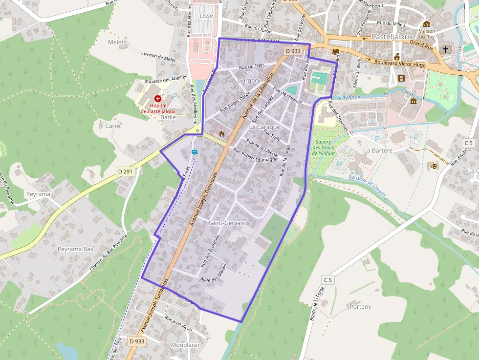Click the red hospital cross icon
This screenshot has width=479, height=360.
[x=158, y=98]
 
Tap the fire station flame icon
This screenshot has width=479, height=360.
[x=221, y=132]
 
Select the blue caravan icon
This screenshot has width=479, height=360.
[x=195, y=152]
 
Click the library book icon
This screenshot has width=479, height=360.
[x=335, y=51]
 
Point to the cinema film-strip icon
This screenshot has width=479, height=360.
[x=401, y=78]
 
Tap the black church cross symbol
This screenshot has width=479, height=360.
[x=446, y=50]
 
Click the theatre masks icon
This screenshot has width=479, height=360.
[x=433, y=166]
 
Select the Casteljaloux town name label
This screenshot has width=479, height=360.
[x=392, y=37]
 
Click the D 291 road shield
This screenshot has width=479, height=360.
[x=126, y=171]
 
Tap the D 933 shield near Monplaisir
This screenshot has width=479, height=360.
[x=137, y=341]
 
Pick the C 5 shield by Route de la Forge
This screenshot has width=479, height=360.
[x=327, y=279]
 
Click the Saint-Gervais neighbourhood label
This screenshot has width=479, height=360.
[x=226, y=223]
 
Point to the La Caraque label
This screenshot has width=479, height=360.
[x=264, y=127]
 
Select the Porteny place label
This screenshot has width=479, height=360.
[x=360, y=307]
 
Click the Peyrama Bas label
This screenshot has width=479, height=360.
[x=75, y=249]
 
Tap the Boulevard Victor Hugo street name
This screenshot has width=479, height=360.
[x=400, y=64]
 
